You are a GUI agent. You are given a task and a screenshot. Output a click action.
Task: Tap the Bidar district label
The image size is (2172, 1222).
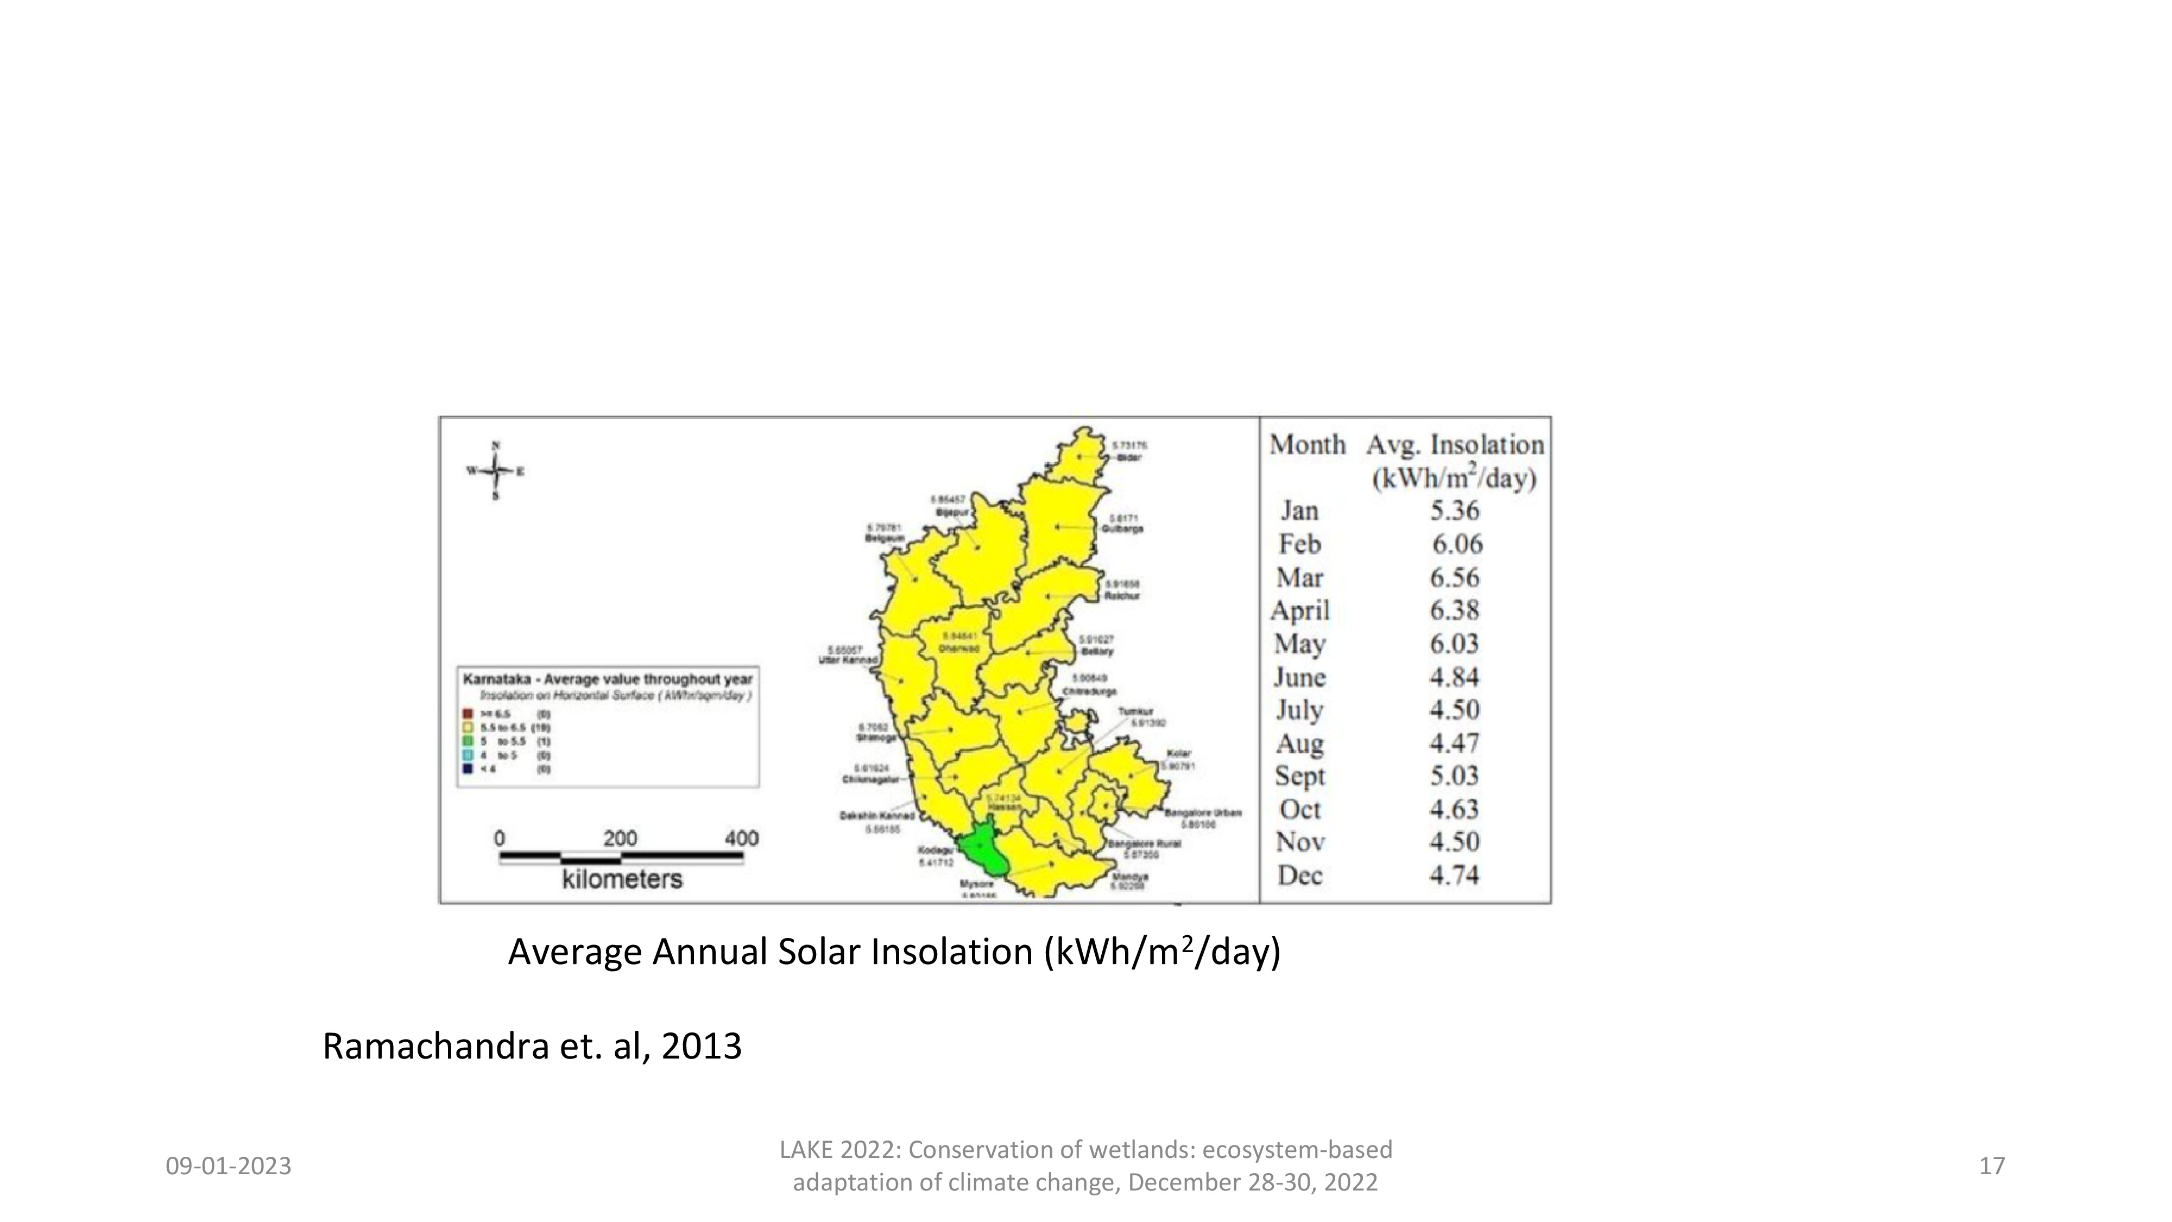(1128, 457)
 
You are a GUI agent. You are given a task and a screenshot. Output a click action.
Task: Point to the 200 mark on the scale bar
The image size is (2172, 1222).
(620, 838)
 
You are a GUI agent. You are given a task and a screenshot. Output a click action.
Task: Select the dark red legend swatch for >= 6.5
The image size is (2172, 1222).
(466, 714)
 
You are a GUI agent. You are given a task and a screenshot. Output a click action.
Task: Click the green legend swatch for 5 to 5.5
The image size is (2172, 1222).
(466, 741)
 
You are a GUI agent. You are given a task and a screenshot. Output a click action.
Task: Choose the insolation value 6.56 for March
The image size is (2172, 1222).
(1455, 578)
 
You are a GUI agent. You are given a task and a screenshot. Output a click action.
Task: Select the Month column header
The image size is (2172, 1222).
(1308, 444)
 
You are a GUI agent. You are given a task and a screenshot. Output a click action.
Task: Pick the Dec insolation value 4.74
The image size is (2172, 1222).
(1455, 875)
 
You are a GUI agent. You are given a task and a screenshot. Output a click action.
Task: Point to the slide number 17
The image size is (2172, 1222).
(1992, 1166)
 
